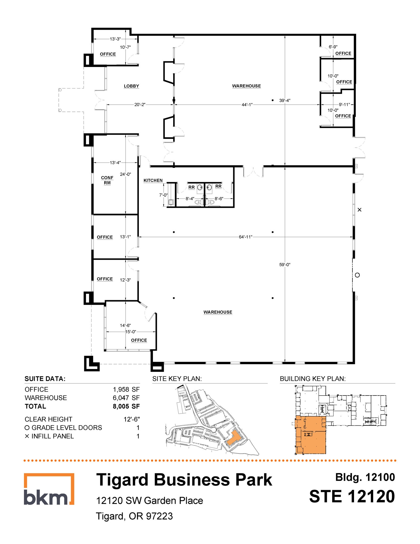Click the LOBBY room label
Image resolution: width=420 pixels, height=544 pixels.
131,86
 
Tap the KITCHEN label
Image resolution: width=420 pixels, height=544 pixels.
153,181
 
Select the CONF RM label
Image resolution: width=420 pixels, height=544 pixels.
107,180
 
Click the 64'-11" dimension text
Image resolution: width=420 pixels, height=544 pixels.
245,237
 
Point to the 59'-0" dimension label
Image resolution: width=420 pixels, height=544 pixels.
285,265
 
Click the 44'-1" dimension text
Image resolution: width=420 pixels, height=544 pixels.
247,105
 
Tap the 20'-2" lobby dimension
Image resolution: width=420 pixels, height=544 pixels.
140,105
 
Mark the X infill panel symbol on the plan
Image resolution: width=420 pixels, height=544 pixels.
359,210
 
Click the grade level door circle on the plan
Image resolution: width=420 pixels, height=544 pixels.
357,275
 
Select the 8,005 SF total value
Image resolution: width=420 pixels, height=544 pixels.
126,406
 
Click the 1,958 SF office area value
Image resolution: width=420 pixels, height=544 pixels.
126,389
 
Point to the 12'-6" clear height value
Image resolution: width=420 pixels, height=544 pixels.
131,419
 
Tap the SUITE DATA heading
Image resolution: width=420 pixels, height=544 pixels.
45,379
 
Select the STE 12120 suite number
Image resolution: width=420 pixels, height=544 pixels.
352,496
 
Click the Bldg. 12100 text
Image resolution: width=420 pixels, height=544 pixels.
365,477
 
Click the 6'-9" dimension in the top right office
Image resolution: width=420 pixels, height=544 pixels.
333,47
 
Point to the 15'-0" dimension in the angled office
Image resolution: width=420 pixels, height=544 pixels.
131,332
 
